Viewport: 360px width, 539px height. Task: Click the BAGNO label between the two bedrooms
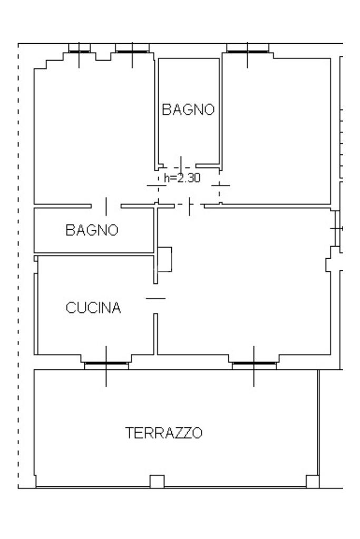(188, 109)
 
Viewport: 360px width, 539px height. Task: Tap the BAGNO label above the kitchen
(92, 230)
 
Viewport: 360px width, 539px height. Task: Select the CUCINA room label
(93, 308)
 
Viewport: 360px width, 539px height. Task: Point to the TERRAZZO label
(164, 433)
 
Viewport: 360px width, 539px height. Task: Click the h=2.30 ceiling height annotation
(182, 178)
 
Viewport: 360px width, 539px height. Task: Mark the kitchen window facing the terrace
(106, 363)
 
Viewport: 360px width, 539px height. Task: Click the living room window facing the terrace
(254, 363)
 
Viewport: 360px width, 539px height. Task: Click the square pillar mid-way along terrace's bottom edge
(157, 482)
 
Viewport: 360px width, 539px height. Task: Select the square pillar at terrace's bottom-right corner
(313, 482)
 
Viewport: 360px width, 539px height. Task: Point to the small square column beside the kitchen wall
(164, 259)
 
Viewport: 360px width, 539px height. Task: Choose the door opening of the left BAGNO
(106, 206)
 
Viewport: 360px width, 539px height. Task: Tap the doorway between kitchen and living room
(155, 298)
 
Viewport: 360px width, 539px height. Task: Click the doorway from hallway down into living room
(189, 206)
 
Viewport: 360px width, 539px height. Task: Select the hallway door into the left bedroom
(157, 185)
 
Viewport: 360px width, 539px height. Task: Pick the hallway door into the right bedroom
(220, 185)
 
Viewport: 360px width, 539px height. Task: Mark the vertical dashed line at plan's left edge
(18, 266)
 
